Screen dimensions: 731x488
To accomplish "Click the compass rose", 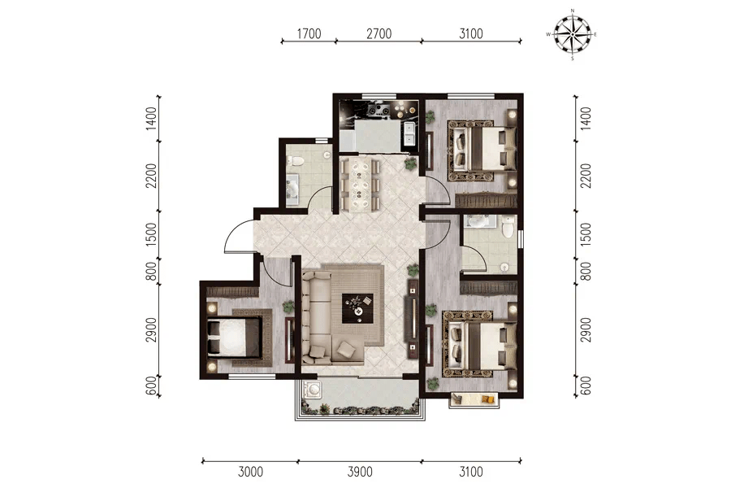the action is tap(572, 34).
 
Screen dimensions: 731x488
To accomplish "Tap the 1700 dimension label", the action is tap(309, 33).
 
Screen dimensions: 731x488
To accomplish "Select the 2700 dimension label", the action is tap(379, 33).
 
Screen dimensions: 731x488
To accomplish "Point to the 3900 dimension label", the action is tap(360, 472).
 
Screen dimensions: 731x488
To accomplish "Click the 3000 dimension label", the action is tap(251, 472).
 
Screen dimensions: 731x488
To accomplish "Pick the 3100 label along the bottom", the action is tap(471, 472).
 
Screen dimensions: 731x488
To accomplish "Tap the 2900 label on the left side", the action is tap(151, 329).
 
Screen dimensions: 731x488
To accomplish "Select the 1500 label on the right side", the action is tap(586, 234).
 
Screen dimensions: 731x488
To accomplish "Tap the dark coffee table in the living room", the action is tap(357, 308).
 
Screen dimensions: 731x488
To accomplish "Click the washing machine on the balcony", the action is tap(311, 389).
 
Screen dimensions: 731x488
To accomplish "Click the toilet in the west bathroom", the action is tap(295, 161).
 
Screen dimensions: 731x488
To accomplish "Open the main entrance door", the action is tap(238, 237).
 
